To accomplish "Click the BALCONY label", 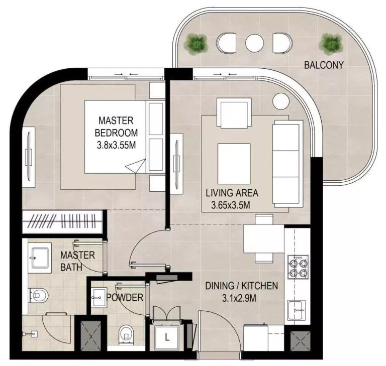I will [324, 65].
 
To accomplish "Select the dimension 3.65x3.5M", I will [231, 205].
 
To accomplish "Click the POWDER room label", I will [125, 298].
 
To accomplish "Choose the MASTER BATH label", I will [77, 261].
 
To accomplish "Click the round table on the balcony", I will [254, 43].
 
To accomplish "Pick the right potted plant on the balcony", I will [330, 44].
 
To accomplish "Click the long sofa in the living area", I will [285, 163].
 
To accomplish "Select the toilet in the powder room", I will [126, 333].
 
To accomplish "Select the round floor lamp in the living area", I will [279, 100].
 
